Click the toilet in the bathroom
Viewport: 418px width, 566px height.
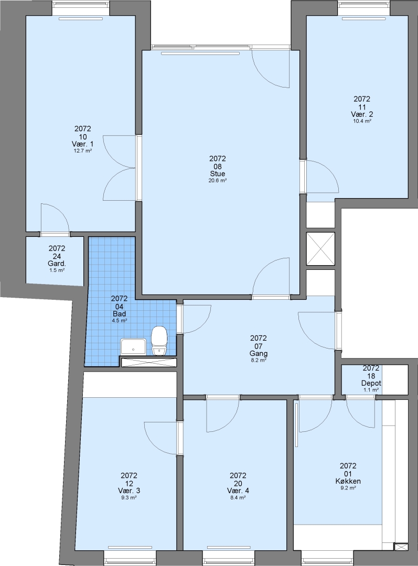pos(159,341)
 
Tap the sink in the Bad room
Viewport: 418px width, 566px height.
pos(134,346)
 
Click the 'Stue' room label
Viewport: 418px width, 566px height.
pos(218,174)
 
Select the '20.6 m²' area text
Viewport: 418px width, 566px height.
pos(218,181)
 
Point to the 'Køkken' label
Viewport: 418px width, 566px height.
pos(348,481)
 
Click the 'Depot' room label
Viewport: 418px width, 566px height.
pos(371,383)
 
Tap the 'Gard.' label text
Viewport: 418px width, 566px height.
pos(57,264)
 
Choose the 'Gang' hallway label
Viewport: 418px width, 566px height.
pos(259,353)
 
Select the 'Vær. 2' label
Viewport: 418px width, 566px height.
pos(362,114)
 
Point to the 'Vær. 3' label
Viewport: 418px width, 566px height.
pos(129,491)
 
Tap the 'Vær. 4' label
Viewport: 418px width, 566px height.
pos(238,491)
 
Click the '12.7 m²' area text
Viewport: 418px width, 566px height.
pos(83,151)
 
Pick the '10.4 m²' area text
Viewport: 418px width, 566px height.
pos(362,121)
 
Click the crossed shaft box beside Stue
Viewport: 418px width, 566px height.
pos(320,249)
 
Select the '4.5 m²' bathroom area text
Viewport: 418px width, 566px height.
pos(119,321)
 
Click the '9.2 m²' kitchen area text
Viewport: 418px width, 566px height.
pos(348,488)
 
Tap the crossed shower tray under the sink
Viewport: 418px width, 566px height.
pos(149,362)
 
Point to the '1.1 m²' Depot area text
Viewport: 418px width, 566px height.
pos(371,390)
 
